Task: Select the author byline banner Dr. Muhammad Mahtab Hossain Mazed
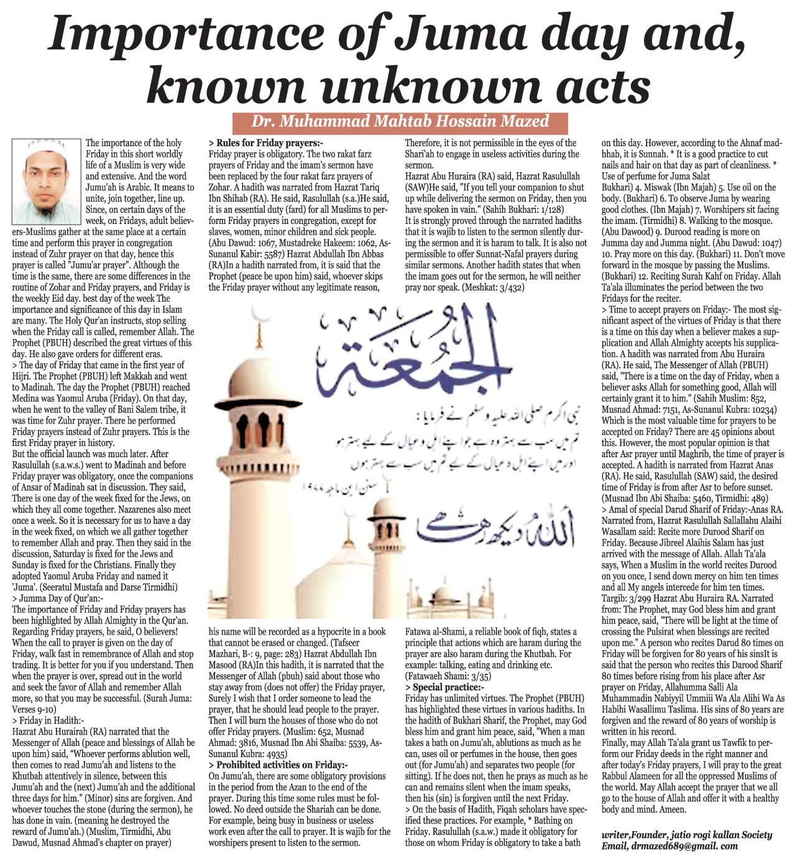pyautogui.click(x=400, y=121)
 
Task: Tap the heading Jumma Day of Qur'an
pyautogui.click(x=61, y=598)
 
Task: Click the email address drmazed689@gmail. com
pyautogui.click(x=669, y=846)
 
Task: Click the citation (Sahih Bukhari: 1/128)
pyautogui.click(x=523, y=210)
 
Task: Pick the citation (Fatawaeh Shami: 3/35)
pyautogui.click(x=448, y=676)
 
